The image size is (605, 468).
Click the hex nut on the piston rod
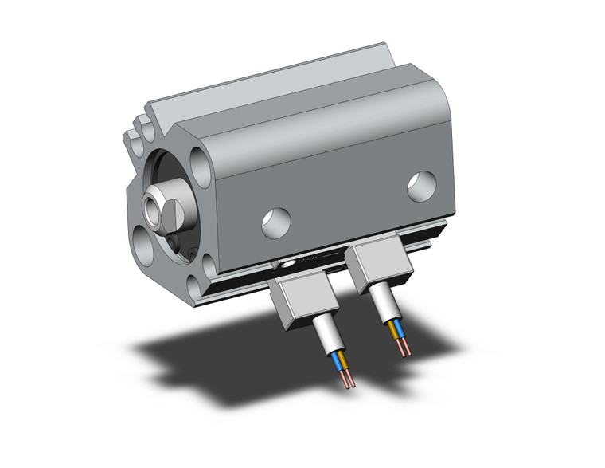click(170, 209)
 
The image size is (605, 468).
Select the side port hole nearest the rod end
click(276, 222)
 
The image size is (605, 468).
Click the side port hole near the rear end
click(421, 186)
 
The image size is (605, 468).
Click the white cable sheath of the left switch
click(327, 333)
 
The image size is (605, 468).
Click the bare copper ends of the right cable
click(407, 348)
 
